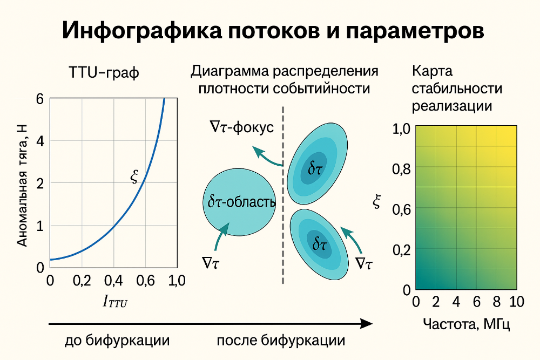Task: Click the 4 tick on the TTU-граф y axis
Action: pos(39,141)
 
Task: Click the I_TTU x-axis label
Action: pos(115,301)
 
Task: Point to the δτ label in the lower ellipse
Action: pos(320,244)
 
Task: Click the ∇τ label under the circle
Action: pos(214,263)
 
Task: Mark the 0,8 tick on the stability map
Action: pos(401,169)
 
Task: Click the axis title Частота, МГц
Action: pos(467,324)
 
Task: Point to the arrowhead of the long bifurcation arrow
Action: pos(367,323)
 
